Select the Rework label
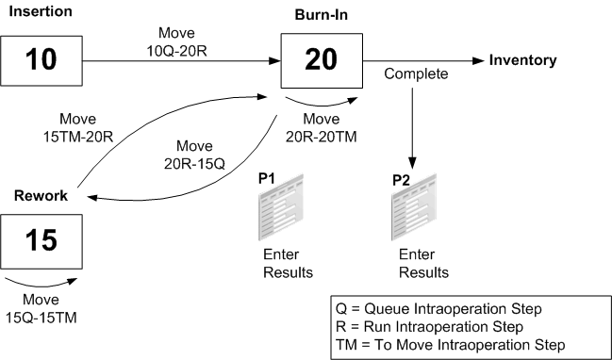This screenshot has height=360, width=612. coord(41,196)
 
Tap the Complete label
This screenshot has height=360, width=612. coord(412,72)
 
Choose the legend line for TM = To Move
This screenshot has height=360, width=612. coord(450,345)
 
